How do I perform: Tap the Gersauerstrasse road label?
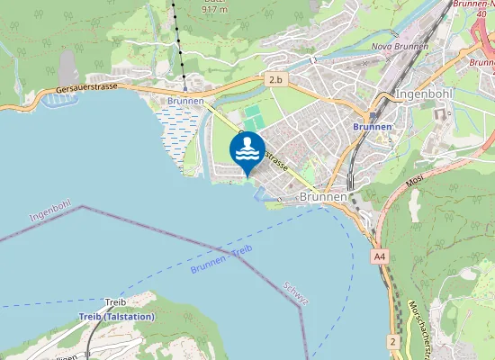coord(88,90)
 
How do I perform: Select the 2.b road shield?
coord(275,81)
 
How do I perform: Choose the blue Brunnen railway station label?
coord(372,127)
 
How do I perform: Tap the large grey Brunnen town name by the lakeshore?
coord(322,196)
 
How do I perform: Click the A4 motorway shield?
coord(380,256)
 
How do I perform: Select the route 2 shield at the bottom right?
coord(392,341)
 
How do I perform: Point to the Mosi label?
coord(414,182)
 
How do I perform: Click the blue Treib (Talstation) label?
coord(117,317)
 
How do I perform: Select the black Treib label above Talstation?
coord(115,301)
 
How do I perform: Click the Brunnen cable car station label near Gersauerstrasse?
coord(185,102)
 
